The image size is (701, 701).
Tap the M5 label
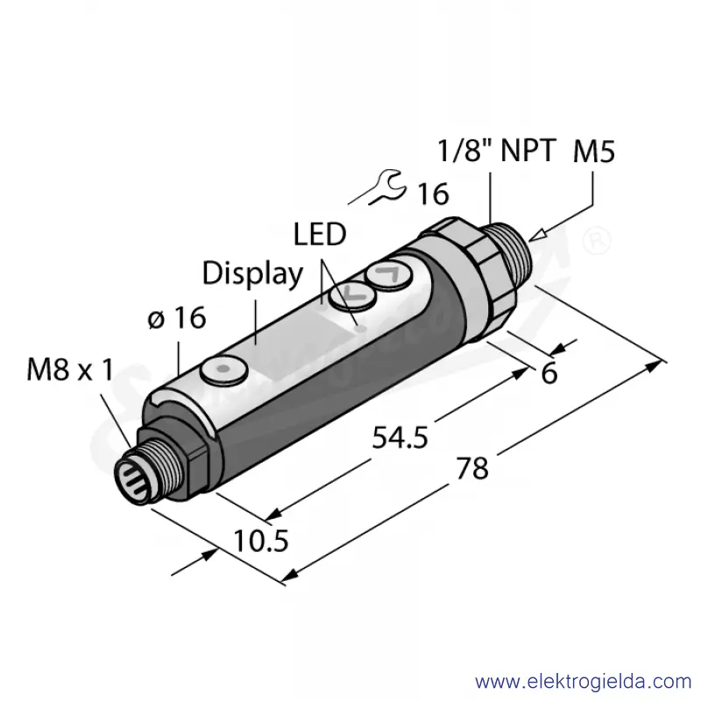pyautogui.click(x=594, y=151)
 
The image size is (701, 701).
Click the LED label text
pyautogui.click(x=320, y=234)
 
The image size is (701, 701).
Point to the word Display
pyautogui.click(x=252, y=273)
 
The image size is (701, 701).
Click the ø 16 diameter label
pyautogui.click(x=177, y=318)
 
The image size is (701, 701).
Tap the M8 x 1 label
pyautogui.click(x=70, y=371)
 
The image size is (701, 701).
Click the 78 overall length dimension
pyautogui.click(x=472, y=469)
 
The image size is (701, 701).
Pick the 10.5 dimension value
pyautogui.click(x=260, y=541)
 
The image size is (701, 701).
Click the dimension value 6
pyautogui.click(x=549, y=373)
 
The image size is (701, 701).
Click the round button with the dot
pyautogui.click(x=224, y=369)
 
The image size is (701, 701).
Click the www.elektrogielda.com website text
pyautogui.click(x=584, y=683)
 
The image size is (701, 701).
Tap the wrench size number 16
pyautogui.click(x=433, y=194)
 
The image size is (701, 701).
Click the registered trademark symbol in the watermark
pyautogui.click(x=597, y=239)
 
